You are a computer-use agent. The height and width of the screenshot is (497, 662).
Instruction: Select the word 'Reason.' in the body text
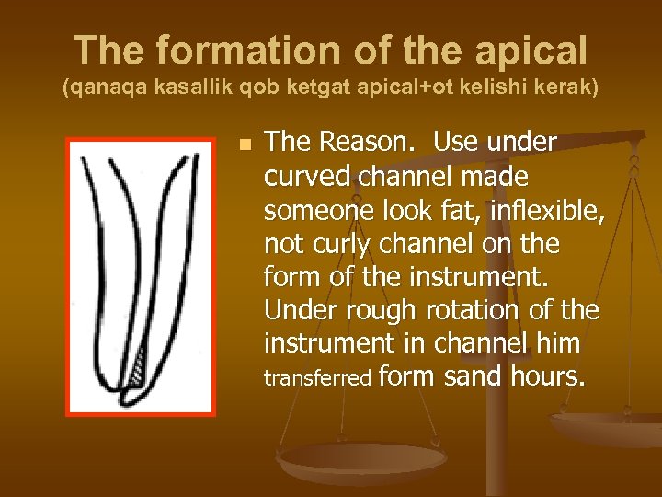point(369,143)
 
